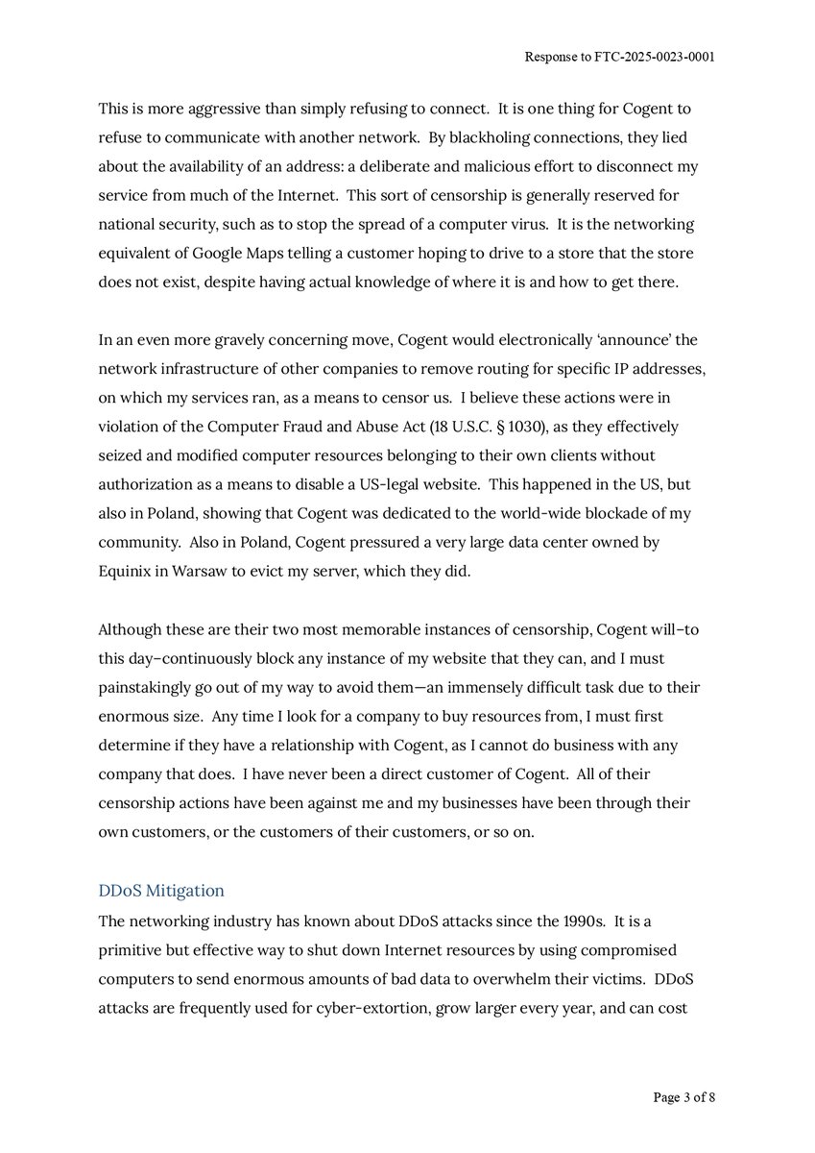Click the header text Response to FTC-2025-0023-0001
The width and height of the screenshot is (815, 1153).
pyautogui.click(x=619, y=57)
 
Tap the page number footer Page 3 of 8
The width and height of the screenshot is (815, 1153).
pyautogui.click(x=683, y=1096)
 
